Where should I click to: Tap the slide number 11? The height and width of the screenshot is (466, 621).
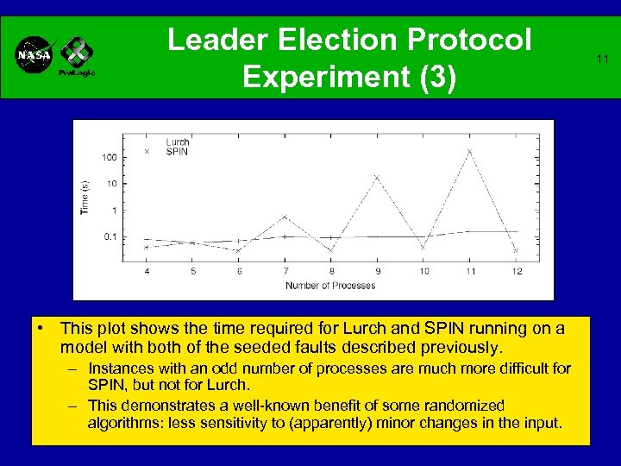coord(603,59)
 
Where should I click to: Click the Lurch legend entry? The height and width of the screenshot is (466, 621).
coord(178,142)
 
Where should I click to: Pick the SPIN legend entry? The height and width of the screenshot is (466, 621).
coord(177,151)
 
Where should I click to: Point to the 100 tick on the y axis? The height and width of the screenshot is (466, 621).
coord(110,157)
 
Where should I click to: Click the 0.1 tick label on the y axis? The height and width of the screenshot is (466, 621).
coord(110,236)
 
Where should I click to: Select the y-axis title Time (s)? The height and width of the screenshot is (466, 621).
coord(85,197)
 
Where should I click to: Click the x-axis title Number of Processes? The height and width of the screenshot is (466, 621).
coord(330,285)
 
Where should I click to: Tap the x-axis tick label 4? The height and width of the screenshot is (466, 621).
coord(146,271)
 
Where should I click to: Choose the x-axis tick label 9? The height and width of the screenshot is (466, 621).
coord(377,271)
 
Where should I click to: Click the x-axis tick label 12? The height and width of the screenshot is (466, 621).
coord(516,271)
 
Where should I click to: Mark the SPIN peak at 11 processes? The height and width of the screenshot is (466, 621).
coord(469,151)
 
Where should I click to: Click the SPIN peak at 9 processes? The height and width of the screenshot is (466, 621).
coord(377,178)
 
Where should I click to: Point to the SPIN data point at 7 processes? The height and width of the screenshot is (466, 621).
coord(285,217)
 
